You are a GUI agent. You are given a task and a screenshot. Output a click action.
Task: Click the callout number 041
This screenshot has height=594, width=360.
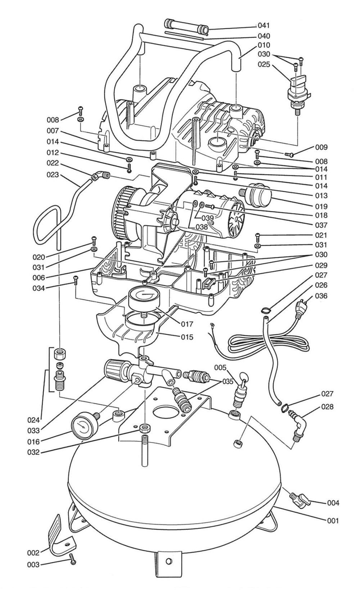pyautogui.click(x=264, y=26)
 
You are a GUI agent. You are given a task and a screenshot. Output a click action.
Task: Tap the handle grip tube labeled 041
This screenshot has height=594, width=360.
pyautogui.click(x=187, y=27)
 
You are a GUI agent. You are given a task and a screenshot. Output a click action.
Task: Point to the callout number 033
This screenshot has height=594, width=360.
pyautogui.click(x=33, y=430)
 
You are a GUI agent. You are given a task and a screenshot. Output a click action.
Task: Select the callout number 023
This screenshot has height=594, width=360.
pyautogui.click(x=53, y=175)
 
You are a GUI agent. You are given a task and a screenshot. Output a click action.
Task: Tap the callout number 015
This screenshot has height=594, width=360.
pyautogui.click(x=187, y=337)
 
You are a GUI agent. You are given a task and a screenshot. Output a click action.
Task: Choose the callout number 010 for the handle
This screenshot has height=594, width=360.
pyautogui.click(x=264, y=45)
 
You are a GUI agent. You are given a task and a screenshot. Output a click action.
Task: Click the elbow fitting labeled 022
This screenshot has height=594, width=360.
pyautogui.click(x=100, y=176)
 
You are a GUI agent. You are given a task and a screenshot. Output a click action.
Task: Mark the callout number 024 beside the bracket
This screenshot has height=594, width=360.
pyautogui.click(x=33, y=420)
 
